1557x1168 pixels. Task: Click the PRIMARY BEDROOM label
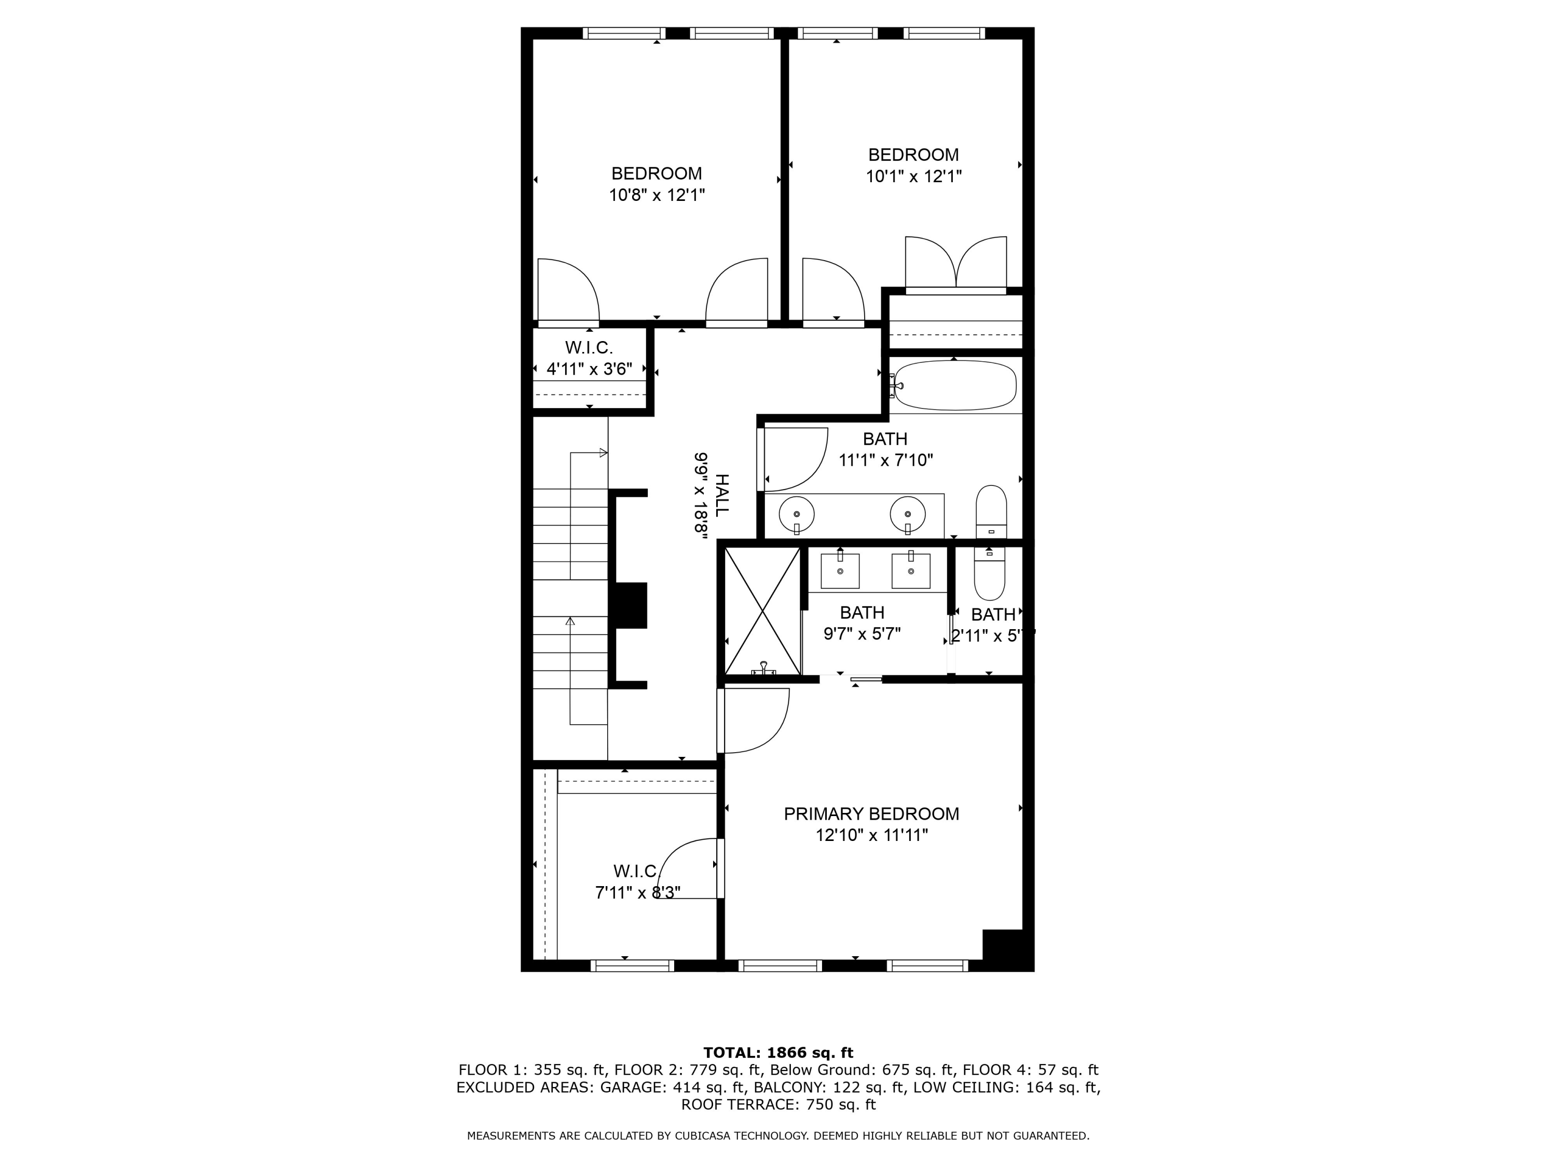pos(871,814)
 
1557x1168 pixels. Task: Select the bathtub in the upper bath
pos(955,385)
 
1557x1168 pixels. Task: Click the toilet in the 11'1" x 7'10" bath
pos(991,512)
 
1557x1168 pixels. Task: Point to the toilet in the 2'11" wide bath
pos(990,573)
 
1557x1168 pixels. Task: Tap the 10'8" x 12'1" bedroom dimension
pos(657,195)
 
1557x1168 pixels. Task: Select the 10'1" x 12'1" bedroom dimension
pos(913,176)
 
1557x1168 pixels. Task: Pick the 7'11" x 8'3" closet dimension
pos(637,893)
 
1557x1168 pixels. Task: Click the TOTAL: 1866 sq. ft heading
pos(778,1053)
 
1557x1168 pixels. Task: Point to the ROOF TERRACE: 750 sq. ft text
pos(778,1105)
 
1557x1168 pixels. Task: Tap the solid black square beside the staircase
pos(631,605)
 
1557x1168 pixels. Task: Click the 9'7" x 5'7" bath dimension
pos(862,634)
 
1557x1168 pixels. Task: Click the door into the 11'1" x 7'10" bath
pos(793,458)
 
